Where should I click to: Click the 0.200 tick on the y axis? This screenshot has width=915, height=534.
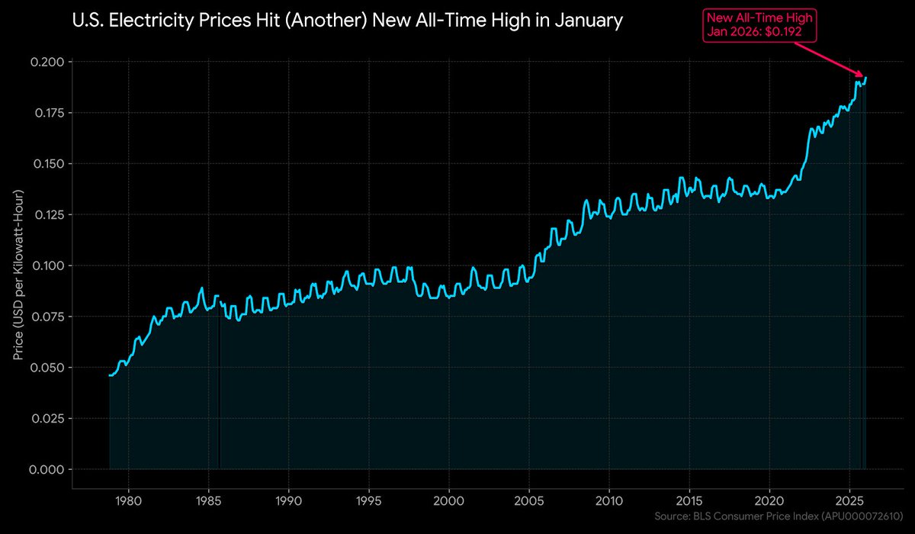48,62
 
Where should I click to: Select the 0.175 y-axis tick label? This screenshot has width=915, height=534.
48,113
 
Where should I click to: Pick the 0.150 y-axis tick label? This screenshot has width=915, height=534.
48,164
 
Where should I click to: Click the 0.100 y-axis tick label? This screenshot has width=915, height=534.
48,265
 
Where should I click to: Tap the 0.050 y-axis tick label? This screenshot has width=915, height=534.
48,368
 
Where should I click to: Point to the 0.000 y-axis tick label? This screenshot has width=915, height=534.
48,469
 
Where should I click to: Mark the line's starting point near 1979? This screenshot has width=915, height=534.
110,375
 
